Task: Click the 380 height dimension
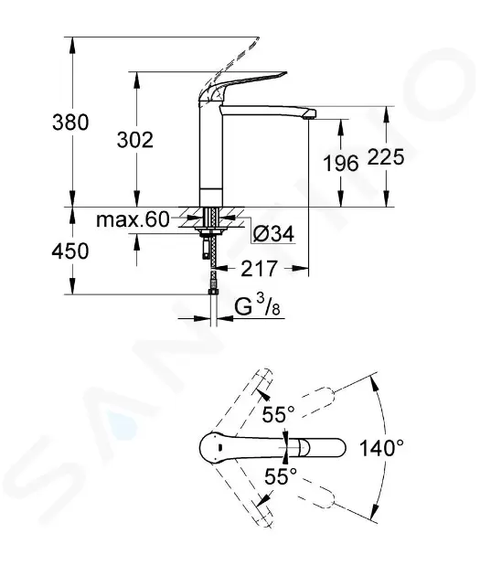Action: tap(70, 123)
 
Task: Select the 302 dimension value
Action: tap(135, 140)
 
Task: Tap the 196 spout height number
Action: tap(340, 163)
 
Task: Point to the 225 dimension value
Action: tap(386, 157)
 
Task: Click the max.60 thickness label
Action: tap(133, 219)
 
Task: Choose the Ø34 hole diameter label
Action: tap(274, 234)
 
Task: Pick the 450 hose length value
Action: tap(70, 251)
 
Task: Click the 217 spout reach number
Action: tap(259, 269)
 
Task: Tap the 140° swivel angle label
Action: tap(381, 448)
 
